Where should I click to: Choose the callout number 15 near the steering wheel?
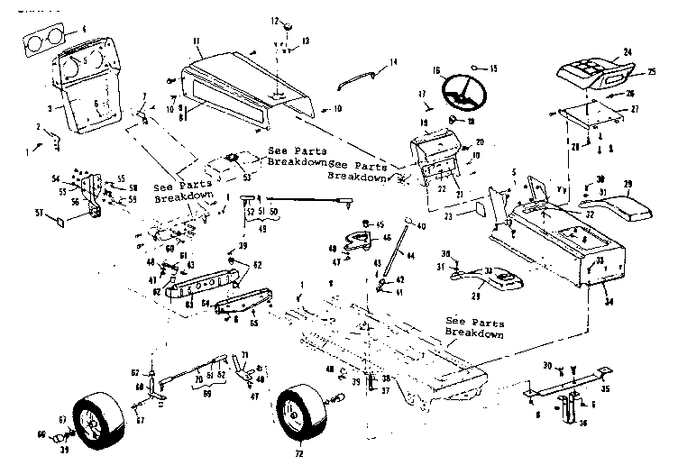tap(495, 67)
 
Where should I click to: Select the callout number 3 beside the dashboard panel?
tap(35, 107)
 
